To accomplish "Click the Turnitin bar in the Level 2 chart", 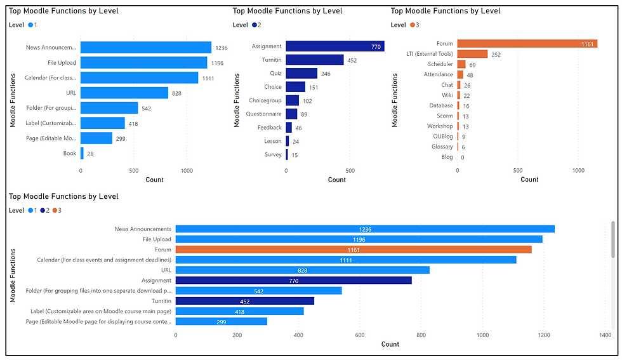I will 314,60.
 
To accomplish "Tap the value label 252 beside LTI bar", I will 496,55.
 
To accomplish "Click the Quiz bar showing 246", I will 301,73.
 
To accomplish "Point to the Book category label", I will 69,153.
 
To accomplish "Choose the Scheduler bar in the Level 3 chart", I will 461,64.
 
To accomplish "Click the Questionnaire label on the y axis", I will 263,114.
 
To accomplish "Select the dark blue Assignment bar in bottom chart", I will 293,280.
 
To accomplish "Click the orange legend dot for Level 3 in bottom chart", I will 55,210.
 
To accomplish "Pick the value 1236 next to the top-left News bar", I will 221,48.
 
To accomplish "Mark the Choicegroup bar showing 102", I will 292,100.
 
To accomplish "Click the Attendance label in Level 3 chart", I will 439,75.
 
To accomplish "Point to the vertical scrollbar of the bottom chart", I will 612,241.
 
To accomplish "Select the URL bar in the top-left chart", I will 124,93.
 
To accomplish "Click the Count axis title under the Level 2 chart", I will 337,180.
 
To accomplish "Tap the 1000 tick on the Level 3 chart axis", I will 578,170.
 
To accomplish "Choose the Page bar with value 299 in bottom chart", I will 221,321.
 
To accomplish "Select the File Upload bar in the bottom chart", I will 359,239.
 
